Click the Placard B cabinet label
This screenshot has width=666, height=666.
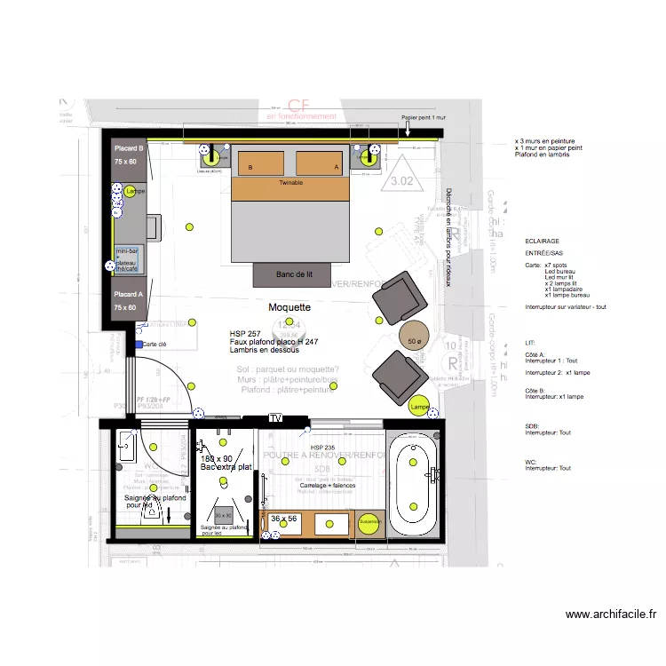pos(125,148)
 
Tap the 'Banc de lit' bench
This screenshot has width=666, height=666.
pos(294,275)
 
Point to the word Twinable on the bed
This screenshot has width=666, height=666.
pos(290,181)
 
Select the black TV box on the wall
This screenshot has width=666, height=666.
pos(275,417)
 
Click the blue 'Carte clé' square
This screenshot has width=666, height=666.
pos(139,344)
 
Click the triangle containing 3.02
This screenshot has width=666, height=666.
pos(402,176)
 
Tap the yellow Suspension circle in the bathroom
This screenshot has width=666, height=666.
pos(369,522)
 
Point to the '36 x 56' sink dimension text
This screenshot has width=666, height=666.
pos(284,519)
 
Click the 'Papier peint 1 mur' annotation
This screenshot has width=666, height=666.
pos(422,117)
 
